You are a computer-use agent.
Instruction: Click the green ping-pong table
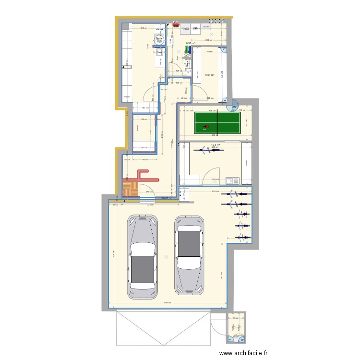[x=216, y=123]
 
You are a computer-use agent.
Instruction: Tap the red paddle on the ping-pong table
[x=206, y=128]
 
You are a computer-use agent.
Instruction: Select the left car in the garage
[x=142, y=257]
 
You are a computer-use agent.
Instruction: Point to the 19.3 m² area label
[x=216, y=144]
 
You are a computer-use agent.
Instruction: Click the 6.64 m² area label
[x=210, y=75]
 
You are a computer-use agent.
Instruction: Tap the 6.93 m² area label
[x=190, y=44]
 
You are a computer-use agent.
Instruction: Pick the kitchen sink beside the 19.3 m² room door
[x=232, y=180]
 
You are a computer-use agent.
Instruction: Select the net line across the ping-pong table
[x=216, y=123]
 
